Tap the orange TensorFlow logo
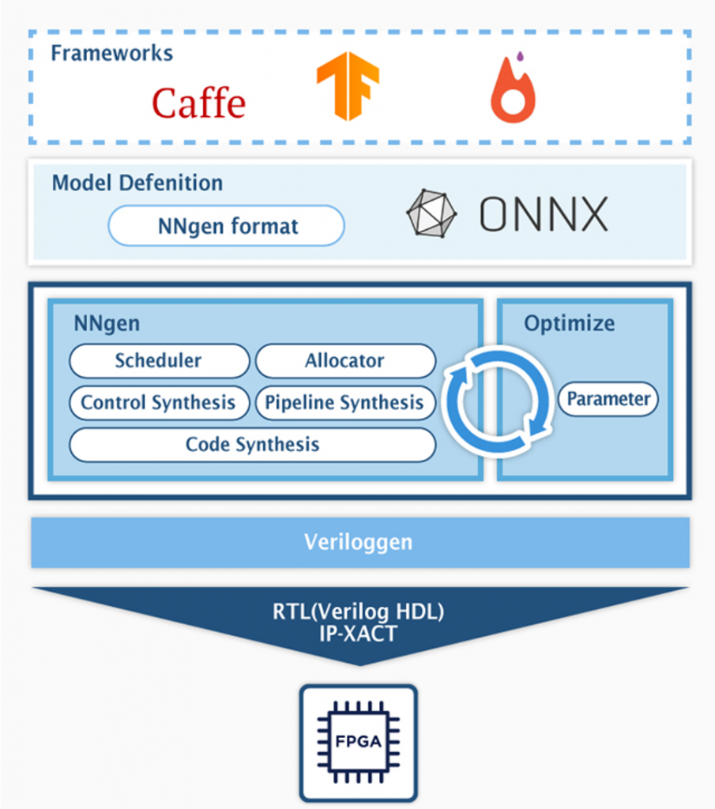pyautogui.click(x=348, y=85)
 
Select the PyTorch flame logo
pyautogui.click(x=513, y=94)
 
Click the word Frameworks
pyautogui.click(x=111, y=54)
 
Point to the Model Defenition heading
pyautogui.click(x=137, y=183)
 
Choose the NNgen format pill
pyautogui.click(x=227, y=227)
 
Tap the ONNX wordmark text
pyautogui.click(x=544, y=214)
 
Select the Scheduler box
pyautogui.click(x=159, y=361)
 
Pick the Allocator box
pyautogui.click(x=344, y=361)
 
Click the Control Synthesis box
pyautogui.click(x=159, y=403)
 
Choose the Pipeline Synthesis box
pyautogui.click(x=344, y=403)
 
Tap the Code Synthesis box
pyautogui.click(x=252, y=444)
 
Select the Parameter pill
pyautogui.click(x=608, y=399)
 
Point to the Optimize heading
pyautogui.click(x=569, y=323)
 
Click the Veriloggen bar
pyautogui.click(x=359, y=542)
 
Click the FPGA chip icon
pyautogui.click(x=358, y=742)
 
